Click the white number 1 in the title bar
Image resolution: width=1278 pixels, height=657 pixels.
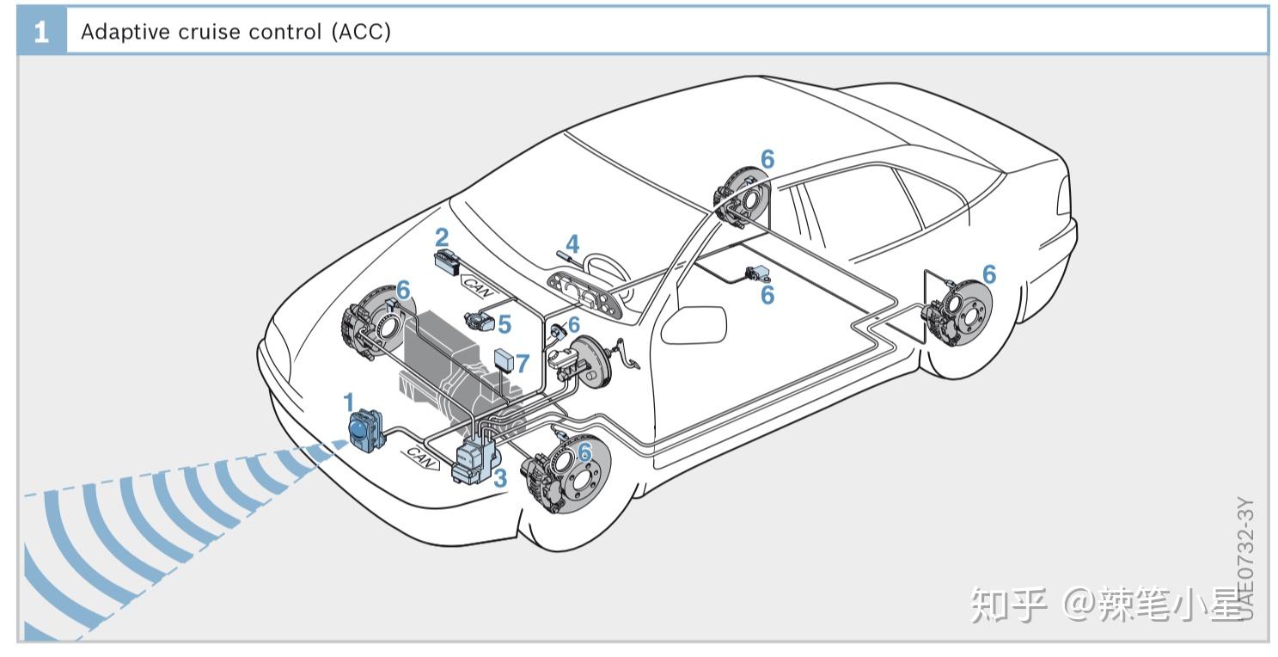tap(41, 33)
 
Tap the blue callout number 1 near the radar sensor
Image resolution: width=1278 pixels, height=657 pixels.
tap(348, 402)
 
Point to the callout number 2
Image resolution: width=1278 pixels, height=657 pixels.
tap(442, 238)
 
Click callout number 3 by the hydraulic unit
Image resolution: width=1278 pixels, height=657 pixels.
tap(500, 478)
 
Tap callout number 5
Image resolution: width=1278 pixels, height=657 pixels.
tap(504, 324)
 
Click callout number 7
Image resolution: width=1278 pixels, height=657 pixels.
tap(523, 363)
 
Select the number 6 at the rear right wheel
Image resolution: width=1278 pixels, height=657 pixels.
tap(989, 274)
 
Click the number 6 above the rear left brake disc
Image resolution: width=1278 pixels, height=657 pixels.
tap(767, 159)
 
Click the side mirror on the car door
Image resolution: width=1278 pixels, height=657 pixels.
tap(694, 323)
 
